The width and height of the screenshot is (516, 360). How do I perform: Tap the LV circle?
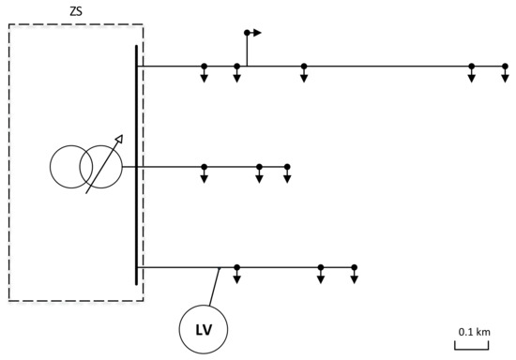coord(204,330)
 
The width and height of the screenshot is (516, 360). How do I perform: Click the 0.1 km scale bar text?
coord(474,332)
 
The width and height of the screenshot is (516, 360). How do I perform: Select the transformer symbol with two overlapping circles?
coord(86,167)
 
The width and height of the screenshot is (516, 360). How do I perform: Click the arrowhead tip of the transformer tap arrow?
coord(120,137)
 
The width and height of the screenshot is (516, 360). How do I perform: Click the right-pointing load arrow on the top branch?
coord(256,33)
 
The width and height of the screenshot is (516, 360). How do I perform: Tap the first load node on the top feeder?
coord(204,66)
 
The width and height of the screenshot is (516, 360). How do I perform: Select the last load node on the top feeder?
coord(505,66)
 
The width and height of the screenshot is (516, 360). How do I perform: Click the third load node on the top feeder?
coord(304,66)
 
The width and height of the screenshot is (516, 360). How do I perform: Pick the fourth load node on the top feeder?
coord(471,66)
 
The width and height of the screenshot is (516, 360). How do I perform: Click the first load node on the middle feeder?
coord(204,167)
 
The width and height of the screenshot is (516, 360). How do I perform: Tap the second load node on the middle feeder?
coord(259,167)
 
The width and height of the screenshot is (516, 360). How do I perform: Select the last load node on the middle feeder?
coord(287,167)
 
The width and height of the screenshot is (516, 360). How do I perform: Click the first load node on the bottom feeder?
coord(237,267)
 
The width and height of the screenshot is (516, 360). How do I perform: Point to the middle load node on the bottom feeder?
coord(321,267)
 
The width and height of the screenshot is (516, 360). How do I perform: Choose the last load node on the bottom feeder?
coord(354,267)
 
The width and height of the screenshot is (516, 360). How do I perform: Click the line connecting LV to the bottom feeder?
coord(215,287)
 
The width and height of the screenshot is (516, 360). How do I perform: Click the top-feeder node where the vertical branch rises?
coord(237,66)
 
